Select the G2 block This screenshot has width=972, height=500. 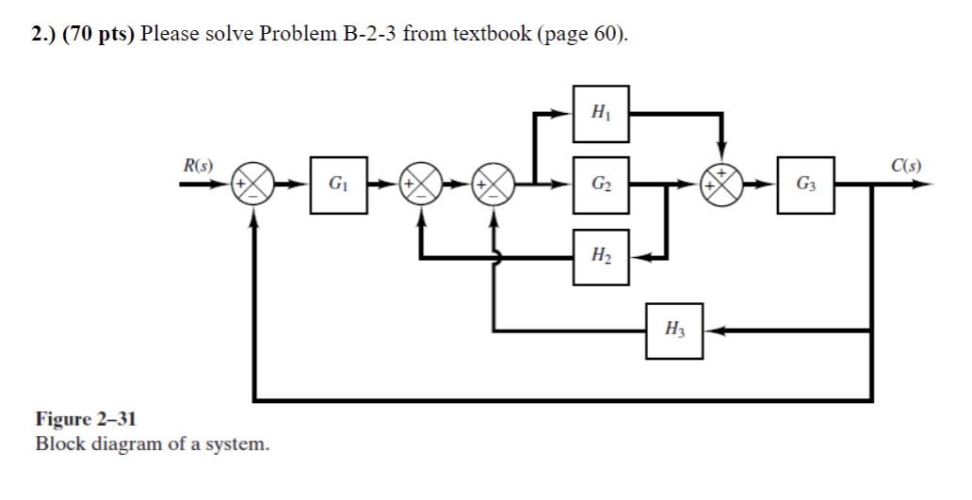click(x=601, y=185)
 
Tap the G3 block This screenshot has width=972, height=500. click(x=805, y=185)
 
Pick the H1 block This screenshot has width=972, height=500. click(x=601, y=114)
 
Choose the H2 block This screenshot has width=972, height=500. click(x=601, y=256)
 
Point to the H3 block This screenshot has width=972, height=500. click(x=673, y=331)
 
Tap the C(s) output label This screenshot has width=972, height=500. click(x=905, y=167)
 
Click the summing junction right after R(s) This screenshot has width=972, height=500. click(x=254, y=185)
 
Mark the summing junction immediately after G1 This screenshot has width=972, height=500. click(x=420, y=185)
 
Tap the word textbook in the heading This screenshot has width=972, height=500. click(x=492, y=35)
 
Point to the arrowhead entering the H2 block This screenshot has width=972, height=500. click(x=640, y=256)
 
